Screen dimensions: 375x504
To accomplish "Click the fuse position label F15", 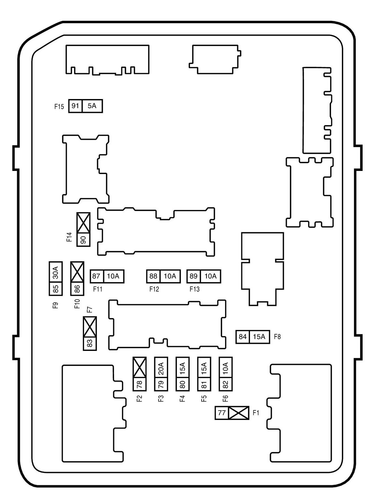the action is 59,107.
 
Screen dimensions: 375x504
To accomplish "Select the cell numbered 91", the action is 75,106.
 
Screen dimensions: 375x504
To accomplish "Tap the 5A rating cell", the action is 92,106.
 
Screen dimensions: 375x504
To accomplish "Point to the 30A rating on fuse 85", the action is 56,272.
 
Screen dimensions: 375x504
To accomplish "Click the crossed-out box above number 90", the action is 83,223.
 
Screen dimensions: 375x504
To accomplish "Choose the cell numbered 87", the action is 97,276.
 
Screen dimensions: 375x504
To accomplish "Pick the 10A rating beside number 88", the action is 170,276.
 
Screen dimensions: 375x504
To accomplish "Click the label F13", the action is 195,289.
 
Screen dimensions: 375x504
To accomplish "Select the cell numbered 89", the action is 194,276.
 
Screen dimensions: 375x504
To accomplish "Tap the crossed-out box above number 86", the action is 77,272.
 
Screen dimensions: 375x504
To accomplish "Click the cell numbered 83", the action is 90,343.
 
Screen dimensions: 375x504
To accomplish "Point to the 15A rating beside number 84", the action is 260,337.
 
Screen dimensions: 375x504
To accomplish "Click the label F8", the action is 277,337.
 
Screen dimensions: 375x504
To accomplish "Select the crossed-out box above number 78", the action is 140,367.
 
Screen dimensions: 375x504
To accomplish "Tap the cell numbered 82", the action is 225,385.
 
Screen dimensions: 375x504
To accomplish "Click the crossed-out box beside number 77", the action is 239,413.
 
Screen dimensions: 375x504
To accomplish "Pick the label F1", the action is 256,413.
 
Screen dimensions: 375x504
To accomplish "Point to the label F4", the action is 182,399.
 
